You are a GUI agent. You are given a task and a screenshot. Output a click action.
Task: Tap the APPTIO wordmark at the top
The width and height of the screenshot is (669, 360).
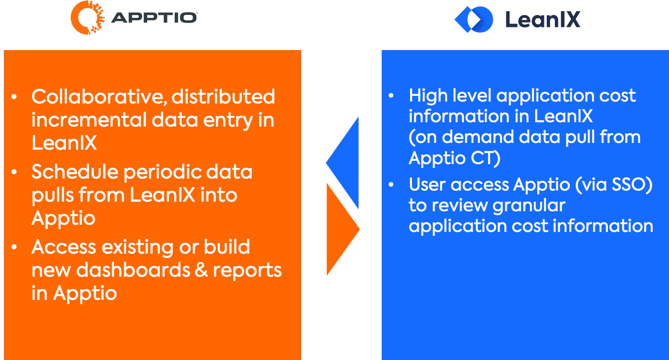coord(154,18)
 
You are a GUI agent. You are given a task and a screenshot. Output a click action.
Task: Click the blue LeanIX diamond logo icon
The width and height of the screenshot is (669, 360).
coord(474,19)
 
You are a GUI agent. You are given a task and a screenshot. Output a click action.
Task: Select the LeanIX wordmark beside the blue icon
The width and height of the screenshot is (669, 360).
coord(543,19)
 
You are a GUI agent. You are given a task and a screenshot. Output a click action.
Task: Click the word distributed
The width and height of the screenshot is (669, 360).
coord(223,97)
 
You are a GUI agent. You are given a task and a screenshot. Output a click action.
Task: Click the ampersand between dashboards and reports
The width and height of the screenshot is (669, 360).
coord(201,270)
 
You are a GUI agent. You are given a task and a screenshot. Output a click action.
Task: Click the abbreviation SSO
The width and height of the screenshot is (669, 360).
coord(632,184)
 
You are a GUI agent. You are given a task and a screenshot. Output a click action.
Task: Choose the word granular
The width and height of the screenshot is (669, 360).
coord(529,206)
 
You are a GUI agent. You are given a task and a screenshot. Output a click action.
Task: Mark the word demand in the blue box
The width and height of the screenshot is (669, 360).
coord(478,137)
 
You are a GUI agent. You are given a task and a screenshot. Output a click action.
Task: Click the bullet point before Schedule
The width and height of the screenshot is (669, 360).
coord(14,172)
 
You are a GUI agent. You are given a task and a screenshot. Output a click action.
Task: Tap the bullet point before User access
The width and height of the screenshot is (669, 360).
coord(391,185)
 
